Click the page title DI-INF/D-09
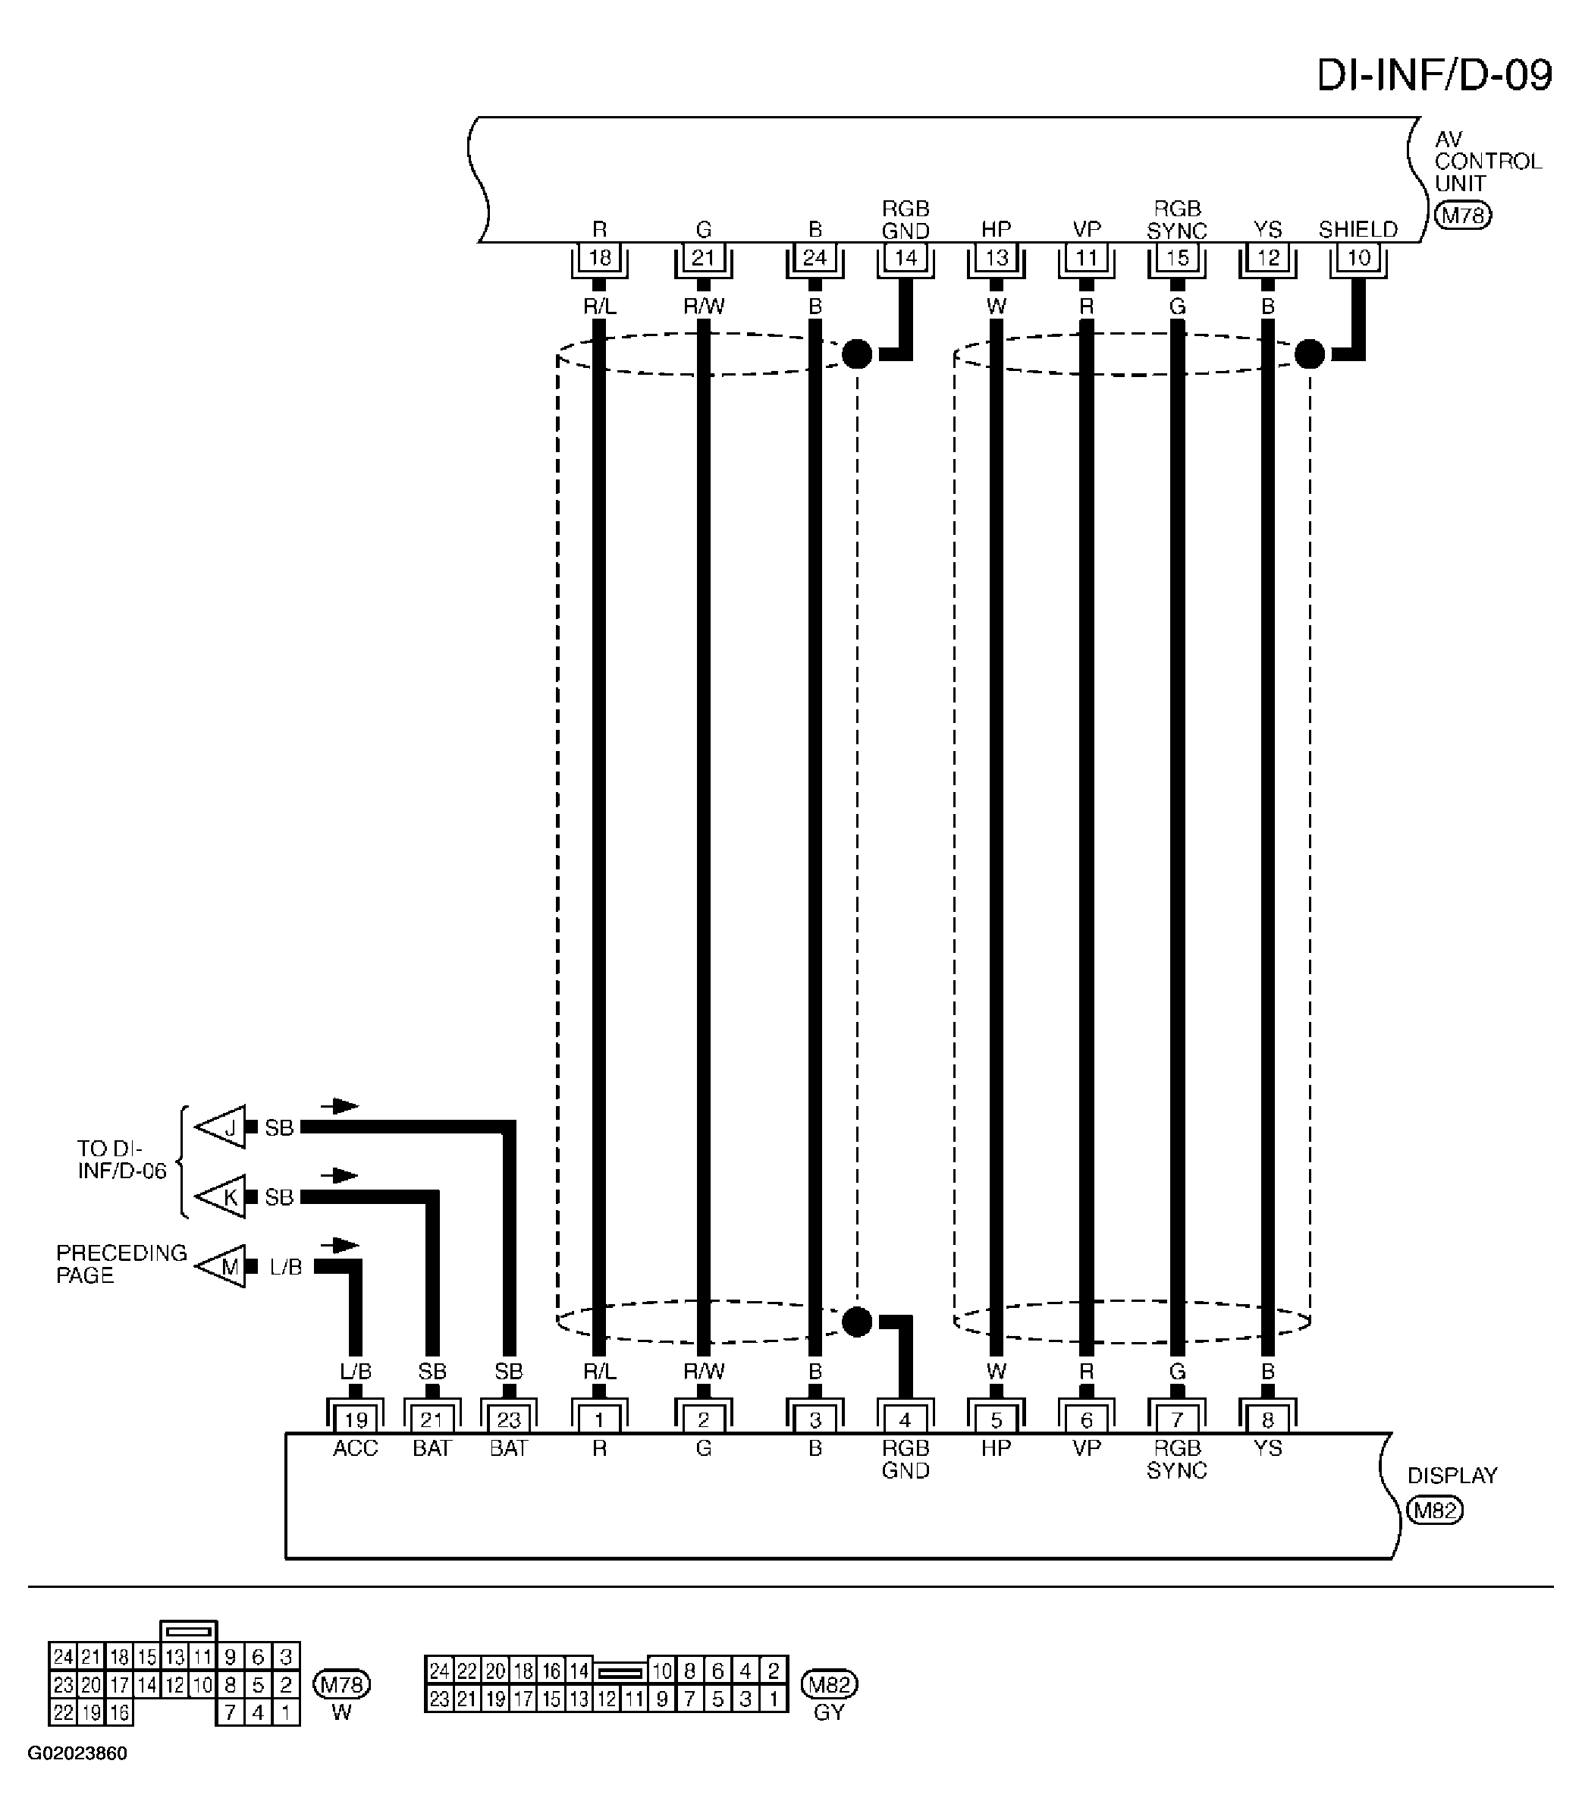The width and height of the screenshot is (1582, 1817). click(1433, 76)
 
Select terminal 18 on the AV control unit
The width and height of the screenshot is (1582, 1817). click(599, 258)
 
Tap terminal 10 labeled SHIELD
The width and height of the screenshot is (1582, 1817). click(1358, 258)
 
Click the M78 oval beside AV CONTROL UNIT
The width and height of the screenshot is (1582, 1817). click(1463, 215)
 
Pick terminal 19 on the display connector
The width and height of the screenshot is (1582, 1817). click(356, 1419)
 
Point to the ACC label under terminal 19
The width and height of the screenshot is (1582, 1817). click(356, 1448)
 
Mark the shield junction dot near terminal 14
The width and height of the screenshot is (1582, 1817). click(856, 354)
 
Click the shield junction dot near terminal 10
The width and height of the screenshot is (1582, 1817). click(1309, 354)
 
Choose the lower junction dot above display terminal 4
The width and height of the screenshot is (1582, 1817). click(856, 1322)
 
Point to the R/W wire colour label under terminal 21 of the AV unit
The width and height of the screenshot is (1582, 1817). click(704, 307)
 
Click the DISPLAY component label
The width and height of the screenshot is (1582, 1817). click(1452, 1476)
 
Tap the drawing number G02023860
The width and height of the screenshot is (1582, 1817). click(77, 1753)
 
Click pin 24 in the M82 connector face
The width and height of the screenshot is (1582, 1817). click(439, 1671)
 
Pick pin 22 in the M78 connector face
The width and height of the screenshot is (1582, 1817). click(63, 1713)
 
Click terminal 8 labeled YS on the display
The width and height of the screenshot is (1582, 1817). click(1268, 1419)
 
